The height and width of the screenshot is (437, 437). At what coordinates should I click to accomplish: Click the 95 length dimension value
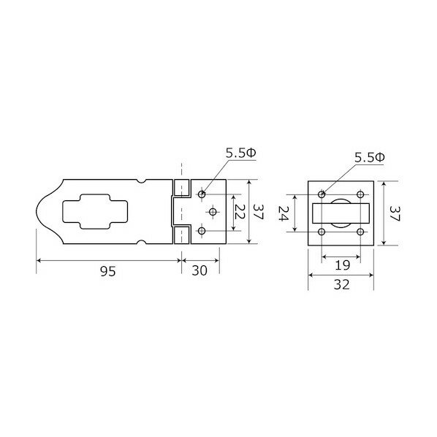(108, 271)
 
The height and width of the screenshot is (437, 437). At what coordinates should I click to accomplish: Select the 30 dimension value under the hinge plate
(199, 270)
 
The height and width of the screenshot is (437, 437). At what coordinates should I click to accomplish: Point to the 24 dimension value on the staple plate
(283, 213)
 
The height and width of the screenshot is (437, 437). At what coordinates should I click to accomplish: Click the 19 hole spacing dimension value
(342, 265)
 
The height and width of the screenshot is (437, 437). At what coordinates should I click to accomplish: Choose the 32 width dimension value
(342, 284)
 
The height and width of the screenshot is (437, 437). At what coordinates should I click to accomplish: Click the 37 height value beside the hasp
(258, 211)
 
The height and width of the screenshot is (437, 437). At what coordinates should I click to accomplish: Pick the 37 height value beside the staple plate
(394, 213)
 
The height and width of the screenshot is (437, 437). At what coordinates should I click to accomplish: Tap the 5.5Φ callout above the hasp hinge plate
(241, 153)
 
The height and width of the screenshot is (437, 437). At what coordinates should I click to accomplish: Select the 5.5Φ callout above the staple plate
(370, 158)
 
